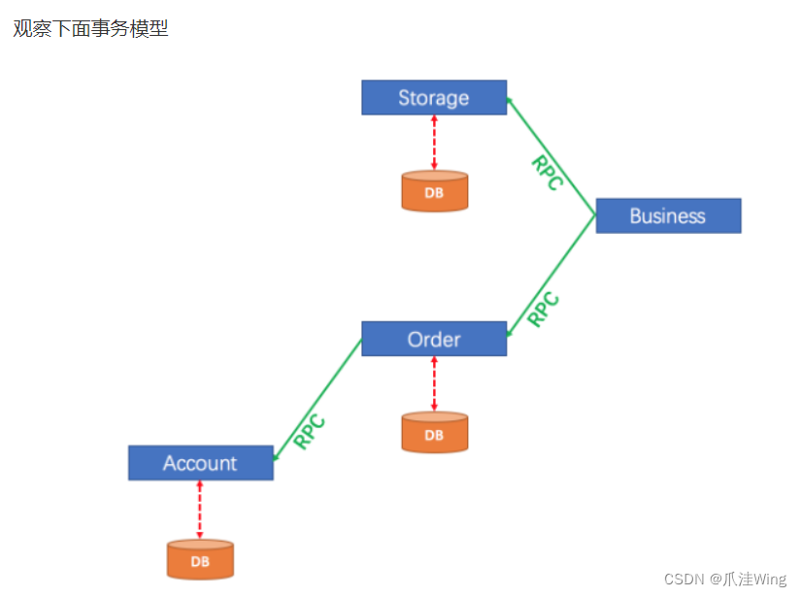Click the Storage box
pos(434,97)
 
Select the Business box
pos(668,216)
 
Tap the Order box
pos(434,339)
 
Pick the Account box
pos(200,463)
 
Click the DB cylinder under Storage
pos(434,191)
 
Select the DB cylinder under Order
pos(434,433)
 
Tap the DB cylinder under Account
pos(200,560)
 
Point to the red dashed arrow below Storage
pos(434,144)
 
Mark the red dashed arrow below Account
pos(200,510)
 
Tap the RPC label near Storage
pos(547,173)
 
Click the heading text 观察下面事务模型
pos(90,29)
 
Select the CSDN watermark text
pos(685,579)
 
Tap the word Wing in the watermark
pos(768,579)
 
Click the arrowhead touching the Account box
pos(277,455)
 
